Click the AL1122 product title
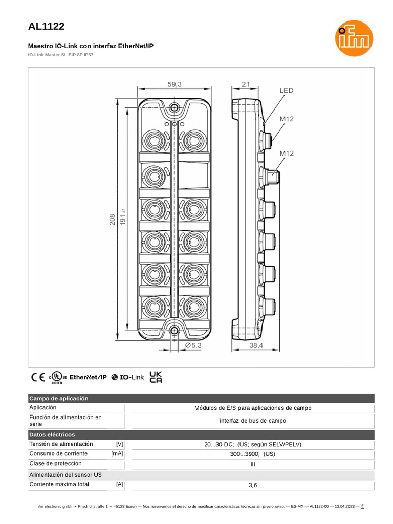click(x=47, y=27)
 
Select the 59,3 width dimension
click(x=174, y=85)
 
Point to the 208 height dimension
click(x=112, y=220)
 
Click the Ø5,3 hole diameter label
click(x=193, y=346)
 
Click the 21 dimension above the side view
click(x=245, y=85)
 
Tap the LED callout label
click(x=286, y=91)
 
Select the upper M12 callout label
click(x=286, y=119)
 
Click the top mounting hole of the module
click(x=175, y=107)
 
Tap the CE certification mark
click(x=38, y=377)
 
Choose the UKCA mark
click(x=156, y=377)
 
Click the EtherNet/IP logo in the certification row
click(x=88, y=377)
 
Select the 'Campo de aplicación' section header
click(x=59, y=398)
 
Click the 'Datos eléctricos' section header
click(x=52, y=434)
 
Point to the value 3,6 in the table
click(x=252, y=485)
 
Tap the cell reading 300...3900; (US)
click(x=252, y=454)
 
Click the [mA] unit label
click(x=117, y=454)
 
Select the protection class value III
click(x=252, y=464)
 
